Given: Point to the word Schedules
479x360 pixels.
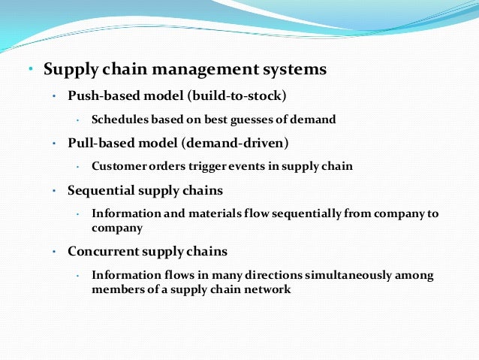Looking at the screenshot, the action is (120, 119).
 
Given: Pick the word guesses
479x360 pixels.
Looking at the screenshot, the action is (265, 119).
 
